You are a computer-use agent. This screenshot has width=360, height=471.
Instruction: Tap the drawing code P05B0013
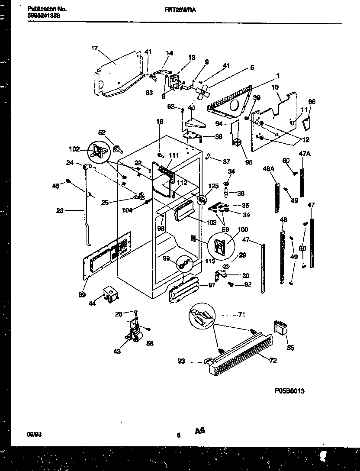click(289, 391)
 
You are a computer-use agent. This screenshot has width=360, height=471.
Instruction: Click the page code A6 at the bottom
click(199, 431)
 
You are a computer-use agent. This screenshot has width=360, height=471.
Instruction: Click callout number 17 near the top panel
click(95, 48)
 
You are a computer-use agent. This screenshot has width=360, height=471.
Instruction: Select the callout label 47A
click(305, 153)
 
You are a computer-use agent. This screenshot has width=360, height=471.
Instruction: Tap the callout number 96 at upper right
click(312, 102)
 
